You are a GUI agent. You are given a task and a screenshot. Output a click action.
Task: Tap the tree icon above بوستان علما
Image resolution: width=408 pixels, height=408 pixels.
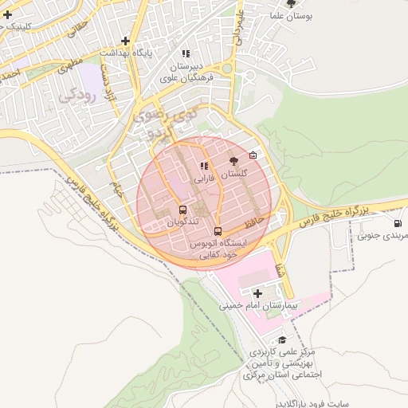pyautogui.click(x=290, y=4)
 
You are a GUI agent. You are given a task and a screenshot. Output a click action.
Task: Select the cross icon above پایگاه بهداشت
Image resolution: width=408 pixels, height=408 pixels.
pyautogui.click(x=125, y=41)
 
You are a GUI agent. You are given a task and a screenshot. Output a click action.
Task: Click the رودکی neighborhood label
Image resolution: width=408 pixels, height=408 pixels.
pyautogui.click(x=77, y=96)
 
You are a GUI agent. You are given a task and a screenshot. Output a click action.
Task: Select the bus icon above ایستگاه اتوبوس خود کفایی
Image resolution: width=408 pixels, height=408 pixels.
pyautogui.click(x=218, y=232)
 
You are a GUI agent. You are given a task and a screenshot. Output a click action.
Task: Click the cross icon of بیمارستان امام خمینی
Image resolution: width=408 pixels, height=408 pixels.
pyautogui.click(x=257, y=293)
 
